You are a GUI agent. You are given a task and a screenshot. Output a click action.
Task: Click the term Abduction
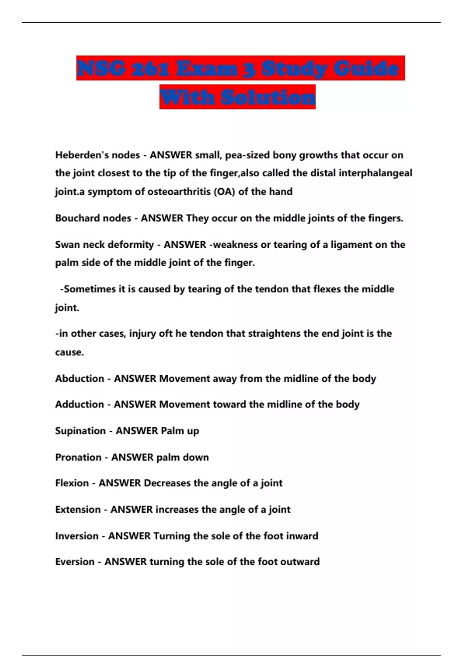[x=79, y=379]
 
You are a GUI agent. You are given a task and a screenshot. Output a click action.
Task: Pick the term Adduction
[x=79, y=404]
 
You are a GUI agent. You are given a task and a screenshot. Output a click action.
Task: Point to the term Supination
[x=80, y=431]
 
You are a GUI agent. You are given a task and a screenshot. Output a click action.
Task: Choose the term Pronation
[x=78, y=457]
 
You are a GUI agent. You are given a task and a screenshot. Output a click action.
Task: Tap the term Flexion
[x=72, y=483]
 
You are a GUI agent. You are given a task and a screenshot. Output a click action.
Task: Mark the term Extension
[x=78, y=509]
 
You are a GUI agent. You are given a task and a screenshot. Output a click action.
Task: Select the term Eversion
[x=75, y=562]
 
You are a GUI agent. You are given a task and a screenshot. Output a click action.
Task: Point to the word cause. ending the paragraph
[x=69, y=352]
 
